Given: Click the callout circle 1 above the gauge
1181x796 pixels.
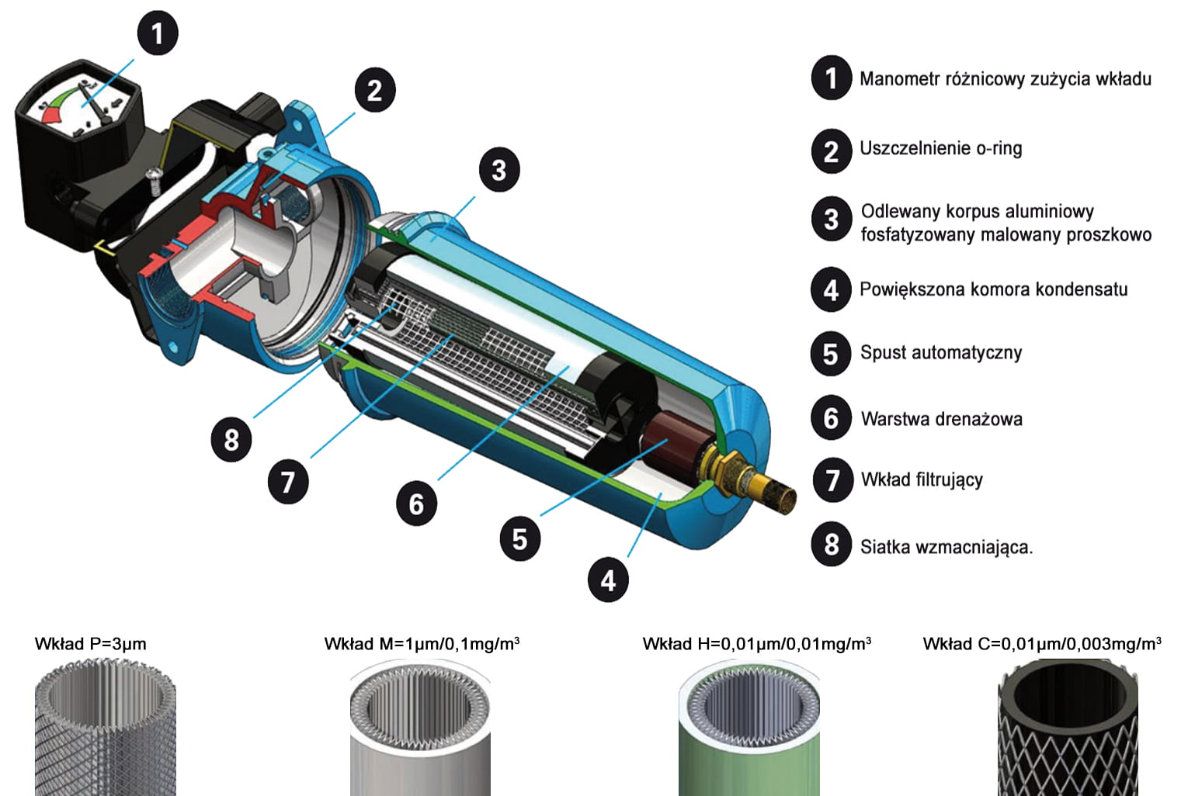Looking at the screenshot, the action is pyautogui.click(x=158, y=33).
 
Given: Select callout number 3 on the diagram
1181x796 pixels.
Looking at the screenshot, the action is pyautogui.click(x=499, y=170).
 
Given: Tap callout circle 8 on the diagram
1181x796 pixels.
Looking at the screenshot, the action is pyautogui.click(x=231, y=439).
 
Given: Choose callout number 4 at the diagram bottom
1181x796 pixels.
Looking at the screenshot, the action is pyautogui.click(x=608, y=580).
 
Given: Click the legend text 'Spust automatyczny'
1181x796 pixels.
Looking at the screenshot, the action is pyautogui.click(x=941, y=352).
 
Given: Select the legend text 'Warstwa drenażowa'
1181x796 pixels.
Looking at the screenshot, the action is pyautogui.click(x=942, y=419).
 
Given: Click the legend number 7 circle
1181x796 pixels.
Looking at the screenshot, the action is pyautogui.click(x=832, y=480).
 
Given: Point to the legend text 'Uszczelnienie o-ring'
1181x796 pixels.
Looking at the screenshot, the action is pyautogui.click(x=940, y=148).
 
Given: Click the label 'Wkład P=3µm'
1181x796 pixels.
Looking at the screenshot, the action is pyautogui.click(x=90, y=644).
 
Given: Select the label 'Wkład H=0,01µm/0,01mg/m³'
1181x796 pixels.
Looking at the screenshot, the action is pyautogui.click(x=756, y=644).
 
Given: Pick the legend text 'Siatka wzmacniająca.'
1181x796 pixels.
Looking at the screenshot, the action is pyautogui.click(x=947, y=548).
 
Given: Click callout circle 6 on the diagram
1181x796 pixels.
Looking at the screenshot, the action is pyautogui.click(x=416, y=504).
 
